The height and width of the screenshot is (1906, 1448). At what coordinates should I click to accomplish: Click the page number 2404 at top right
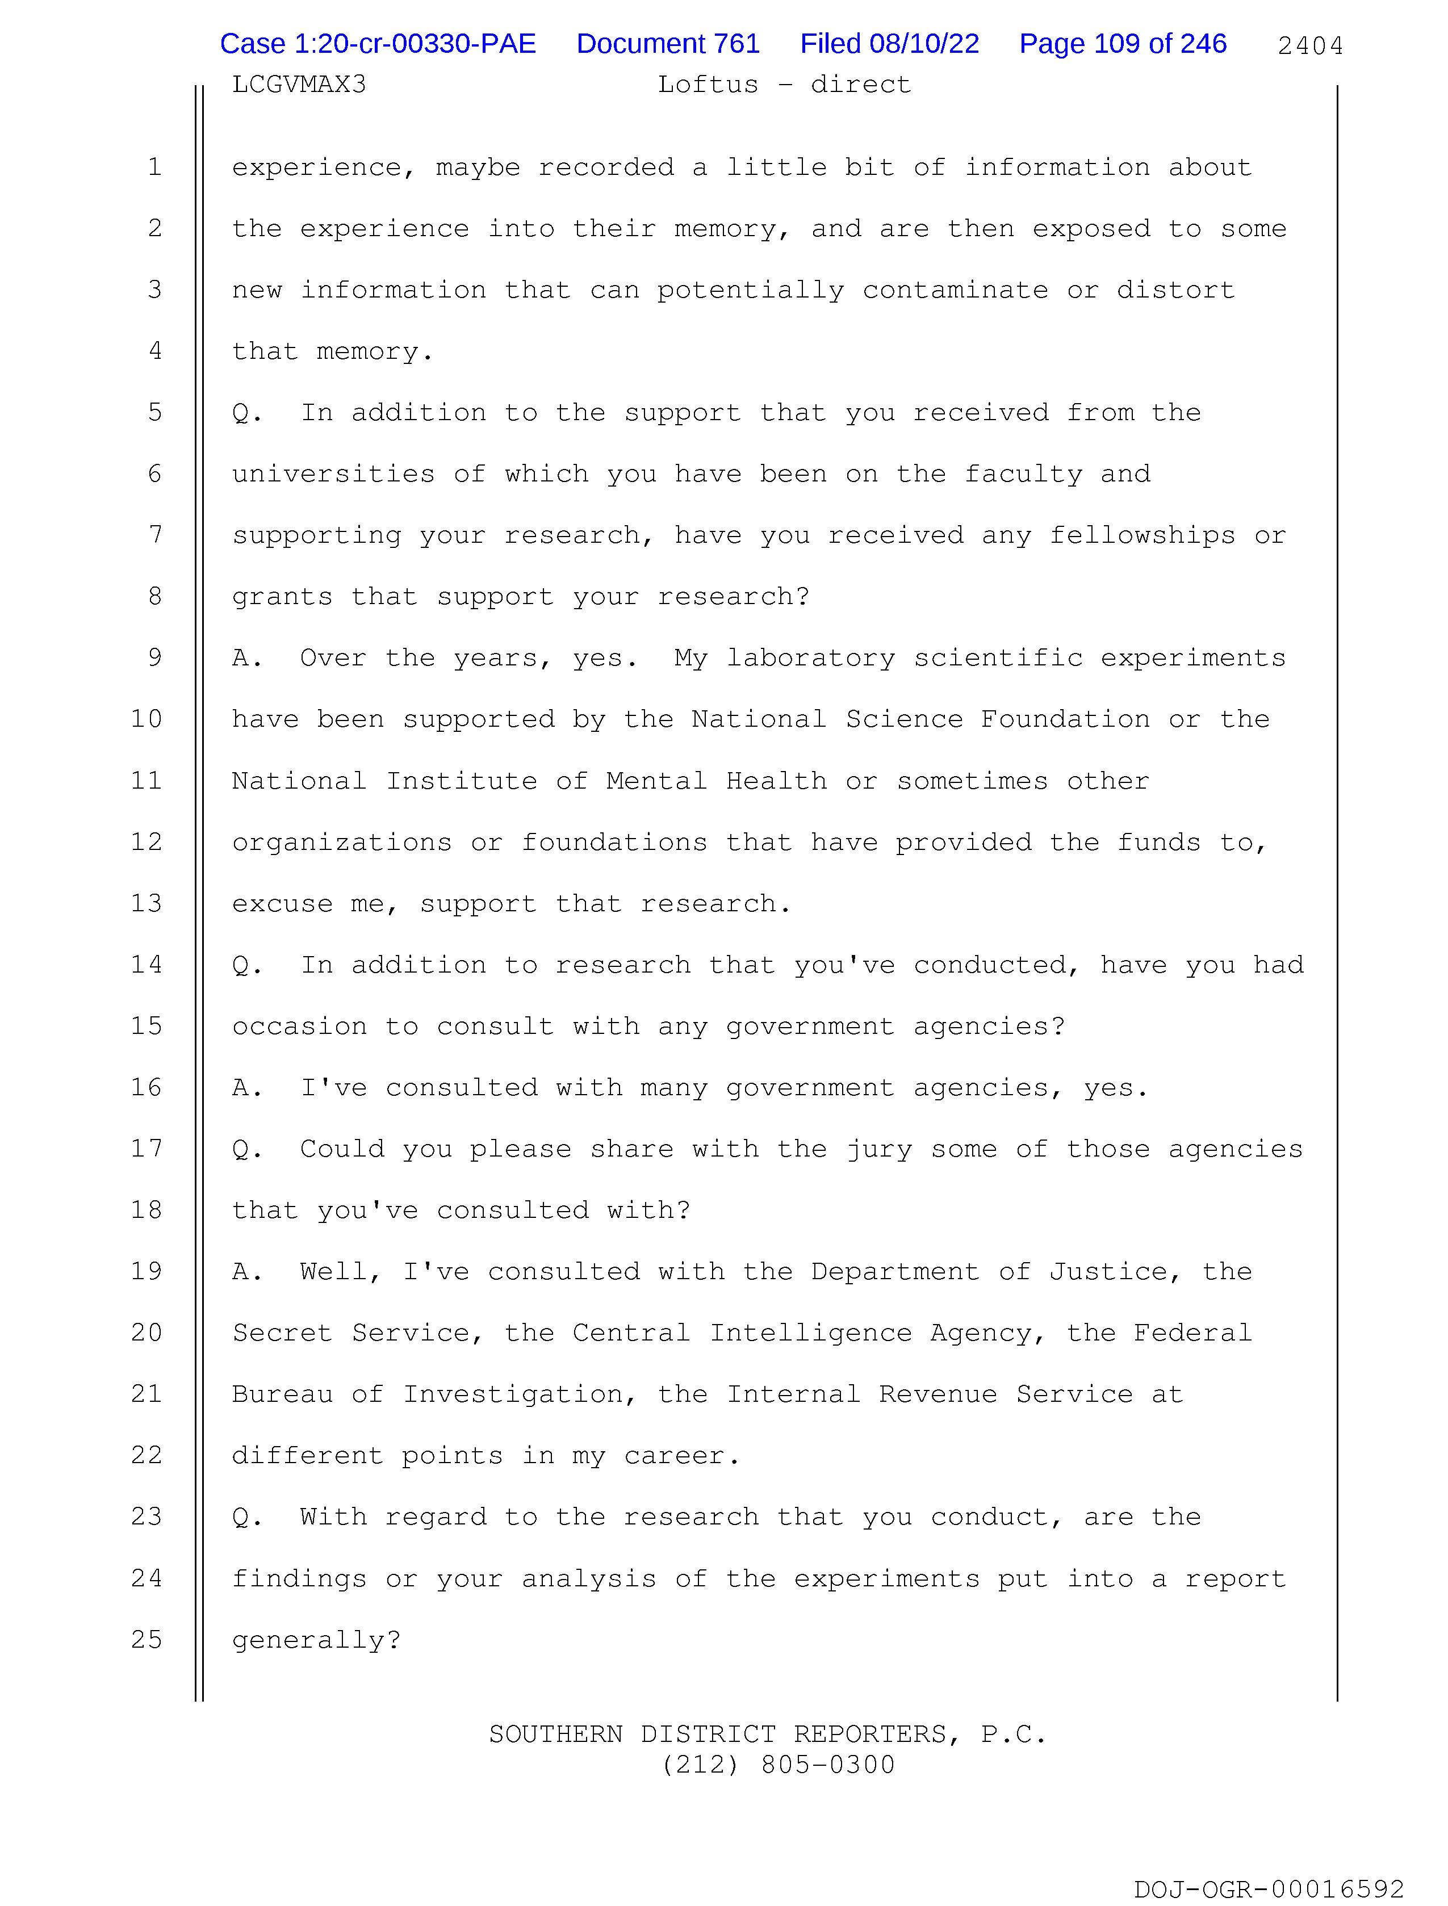pos(1309,45)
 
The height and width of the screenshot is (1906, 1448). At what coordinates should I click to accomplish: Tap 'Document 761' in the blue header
pos(667,44)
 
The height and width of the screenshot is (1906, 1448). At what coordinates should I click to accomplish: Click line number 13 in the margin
pos(147,903)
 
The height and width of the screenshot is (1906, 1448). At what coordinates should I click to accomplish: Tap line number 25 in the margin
pos(147,1639)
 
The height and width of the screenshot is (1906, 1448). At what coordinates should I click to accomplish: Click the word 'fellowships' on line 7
pos(1142,535)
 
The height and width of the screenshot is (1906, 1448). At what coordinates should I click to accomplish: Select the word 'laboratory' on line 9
pos(810,658)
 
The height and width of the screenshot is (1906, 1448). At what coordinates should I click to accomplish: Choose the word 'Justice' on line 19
pos(1107,1272)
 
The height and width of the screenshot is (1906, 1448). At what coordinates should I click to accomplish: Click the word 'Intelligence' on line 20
pos(810,1333)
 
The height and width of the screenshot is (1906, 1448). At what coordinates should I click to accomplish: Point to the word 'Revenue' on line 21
pos(938,1394)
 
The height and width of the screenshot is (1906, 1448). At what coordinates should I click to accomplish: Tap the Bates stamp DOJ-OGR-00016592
pos(1269,1890)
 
